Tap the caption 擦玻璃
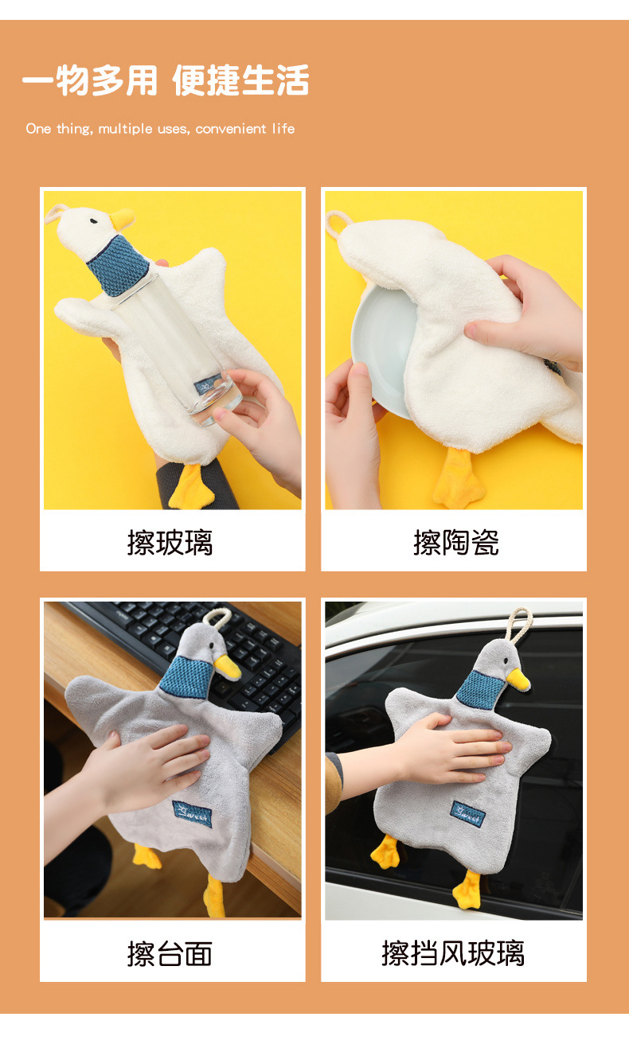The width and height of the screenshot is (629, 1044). click(170, 543)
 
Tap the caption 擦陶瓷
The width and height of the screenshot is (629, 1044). click(455, 543)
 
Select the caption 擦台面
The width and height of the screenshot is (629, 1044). click(170, 953)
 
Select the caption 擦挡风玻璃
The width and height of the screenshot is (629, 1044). click(452, 953)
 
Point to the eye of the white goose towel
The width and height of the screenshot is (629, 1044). click(94, 216)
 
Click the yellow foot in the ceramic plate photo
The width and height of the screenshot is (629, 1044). click(458, 480)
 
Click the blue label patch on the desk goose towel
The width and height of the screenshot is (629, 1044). click(193, 813)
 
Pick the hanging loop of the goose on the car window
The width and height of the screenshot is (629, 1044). click(518, 626)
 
